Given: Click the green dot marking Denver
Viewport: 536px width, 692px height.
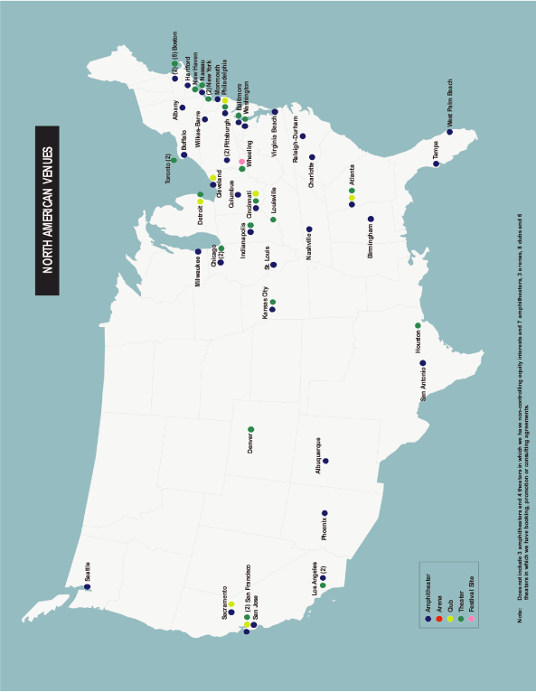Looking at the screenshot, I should pos(250,429).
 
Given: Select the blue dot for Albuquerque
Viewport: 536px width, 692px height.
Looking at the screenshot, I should pos(325,461).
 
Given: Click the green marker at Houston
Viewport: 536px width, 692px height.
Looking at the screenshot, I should pos(418,325).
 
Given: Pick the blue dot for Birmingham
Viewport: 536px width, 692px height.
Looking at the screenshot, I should pos(371,219).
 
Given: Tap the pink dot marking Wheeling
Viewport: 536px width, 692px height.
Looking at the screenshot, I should pos(241,161).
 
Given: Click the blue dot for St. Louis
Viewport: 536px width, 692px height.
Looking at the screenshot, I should pos(273,266).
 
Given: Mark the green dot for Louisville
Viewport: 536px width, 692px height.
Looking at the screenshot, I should pos(273,220).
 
